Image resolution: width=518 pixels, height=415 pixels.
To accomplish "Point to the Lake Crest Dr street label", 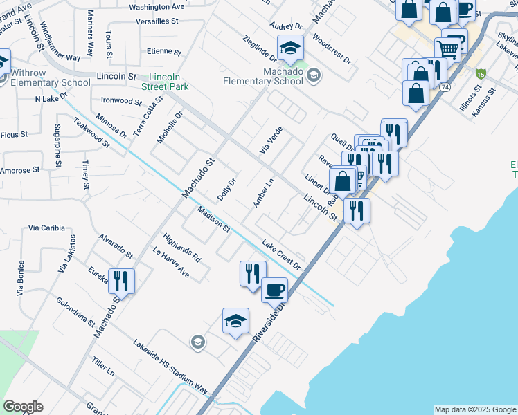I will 281,255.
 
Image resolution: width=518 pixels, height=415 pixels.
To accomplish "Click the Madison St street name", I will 213,219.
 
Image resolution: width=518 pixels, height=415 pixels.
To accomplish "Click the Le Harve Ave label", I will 170,264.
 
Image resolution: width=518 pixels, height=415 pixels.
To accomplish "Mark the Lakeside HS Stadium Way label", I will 170,367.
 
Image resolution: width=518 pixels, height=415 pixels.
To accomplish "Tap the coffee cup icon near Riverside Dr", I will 274,289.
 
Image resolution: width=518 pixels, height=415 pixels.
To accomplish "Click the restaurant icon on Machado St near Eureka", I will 121,281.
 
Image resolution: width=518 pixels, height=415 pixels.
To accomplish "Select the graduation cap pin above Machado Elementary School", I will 291,48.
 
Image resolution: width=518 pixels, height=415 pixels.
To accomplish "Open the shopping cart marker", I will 448,49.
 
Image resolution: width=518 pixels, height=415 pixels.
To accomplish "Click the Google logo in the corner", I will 23,407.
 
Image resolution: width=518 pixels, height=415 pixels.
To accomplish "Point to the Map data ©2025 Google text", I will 474,409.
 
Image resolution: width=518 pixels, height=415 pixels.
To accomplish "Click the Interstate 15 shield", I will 481,73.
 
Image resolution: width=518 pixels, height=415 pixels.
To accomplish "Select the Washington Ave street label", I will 157,7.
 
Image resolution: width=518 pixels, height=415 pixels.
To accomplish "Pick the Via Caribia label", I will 46,228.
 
